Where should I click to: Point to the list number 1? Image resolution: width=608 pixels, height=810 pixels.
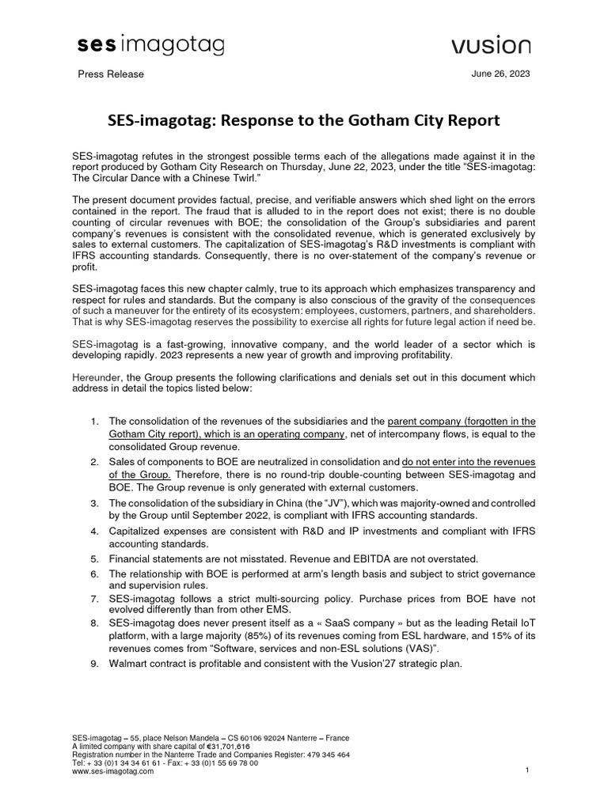point(95,421)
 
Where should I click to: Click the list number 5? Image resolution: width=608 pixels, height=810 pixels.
point(95,558)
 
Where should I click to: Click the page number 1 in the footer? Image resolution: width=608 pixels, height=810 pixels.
point(526,770)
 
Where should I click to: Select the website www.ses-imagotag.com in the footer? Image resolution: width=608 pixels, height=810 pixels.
point(112,772)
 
